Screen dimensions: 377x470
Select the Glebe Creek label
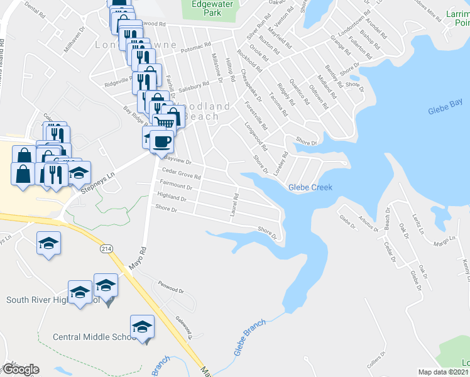pos(310,187)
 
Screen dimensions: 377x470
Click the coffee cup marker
pos(161,141)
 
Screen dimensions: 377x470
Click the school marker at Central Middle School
pos(143,327)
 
